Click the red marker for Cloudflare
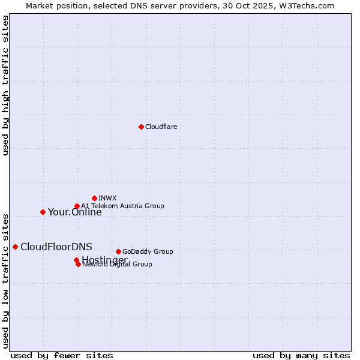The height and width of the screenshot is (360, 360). [x=141, y=127]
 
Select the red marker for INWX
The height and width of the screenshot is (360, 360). [x=95, y=198]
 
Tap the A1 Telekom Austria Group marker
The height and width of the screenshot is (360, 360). [x=77, y=206]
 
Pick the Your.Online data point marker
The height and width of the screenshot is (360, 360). [x=43, y=212]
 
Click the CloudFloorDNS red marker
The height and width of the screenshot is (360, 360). [x=15, y=247]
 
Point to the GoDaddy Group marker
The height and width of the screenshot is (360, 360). [x=118, y=251]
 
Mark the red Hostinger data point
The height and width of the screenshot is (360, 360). [x=76, y=260]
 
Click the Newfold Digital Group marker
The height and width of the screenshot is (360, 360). [x=79, y=264]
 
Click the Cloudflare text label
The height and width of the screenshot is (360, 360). [x=161, y=127]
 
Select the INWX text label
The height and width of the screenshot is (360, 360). [x=107, y=198]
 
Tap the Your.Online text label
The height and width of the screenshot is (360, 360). [x=74, y=212]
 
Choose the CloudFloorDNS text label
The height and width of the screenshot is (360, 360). [x=56, y=247]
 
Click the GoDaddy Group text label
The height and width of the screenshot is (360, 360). [x=148, y=251]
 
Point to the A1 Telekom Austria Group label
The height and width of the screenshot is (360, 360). [x=122, y=206]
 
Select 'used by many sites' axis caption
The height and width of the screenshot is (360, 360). [x=301, y=355]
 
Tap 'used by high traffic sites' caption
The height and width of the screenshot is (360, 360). [x=6, y=85]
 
